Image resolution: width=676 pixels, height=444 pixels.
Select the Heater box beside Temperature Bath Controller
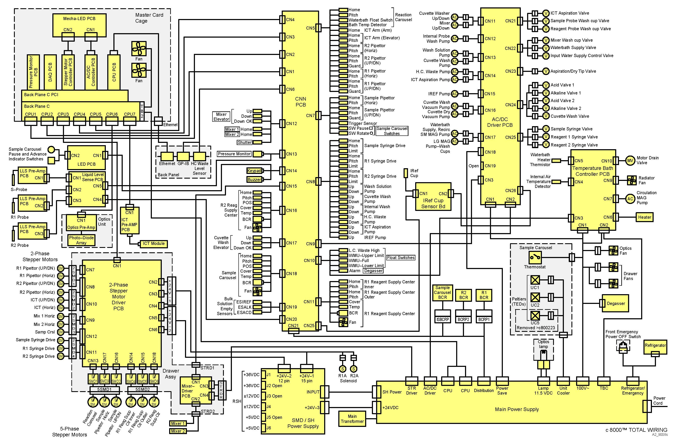[645, 217]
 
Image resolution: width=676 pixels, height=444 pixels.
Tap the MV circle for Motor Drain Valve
[630, 161]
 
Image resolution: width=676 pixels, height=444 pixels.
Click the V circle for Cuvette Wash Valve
[546, 116]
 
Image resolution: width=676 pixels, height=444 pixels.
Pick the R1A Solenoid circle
[343, 369]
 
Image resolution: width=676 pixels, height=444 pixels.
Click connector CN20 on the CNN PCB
[282, 319]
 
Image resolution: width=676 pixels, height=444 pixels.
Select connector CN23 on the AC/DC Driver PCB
[520, 71]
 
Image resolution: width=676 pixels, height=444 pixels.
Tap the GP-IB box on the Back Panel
[183, 156]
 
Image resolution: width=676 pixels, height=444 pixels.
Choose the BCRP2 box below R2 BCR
[463, 320]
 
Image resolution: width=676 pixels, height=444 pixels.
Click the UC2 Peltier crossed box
[535, 298]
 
